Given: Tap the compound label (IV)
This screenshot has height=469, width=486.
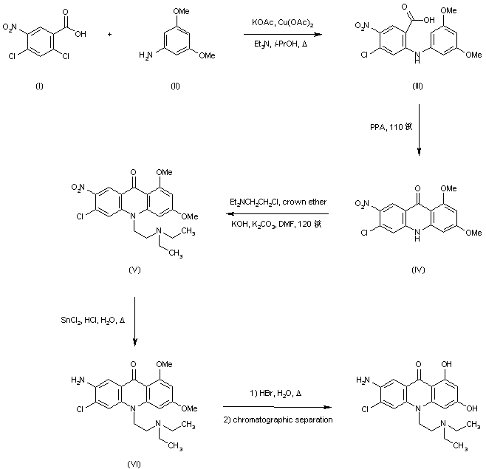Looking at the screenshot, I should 418,271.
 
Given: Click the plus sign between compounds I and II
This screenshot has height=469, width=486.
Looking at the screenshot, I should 110,35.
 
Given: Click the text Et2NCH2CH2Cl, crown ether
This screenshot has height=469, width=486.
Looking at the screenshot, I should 278,202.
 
